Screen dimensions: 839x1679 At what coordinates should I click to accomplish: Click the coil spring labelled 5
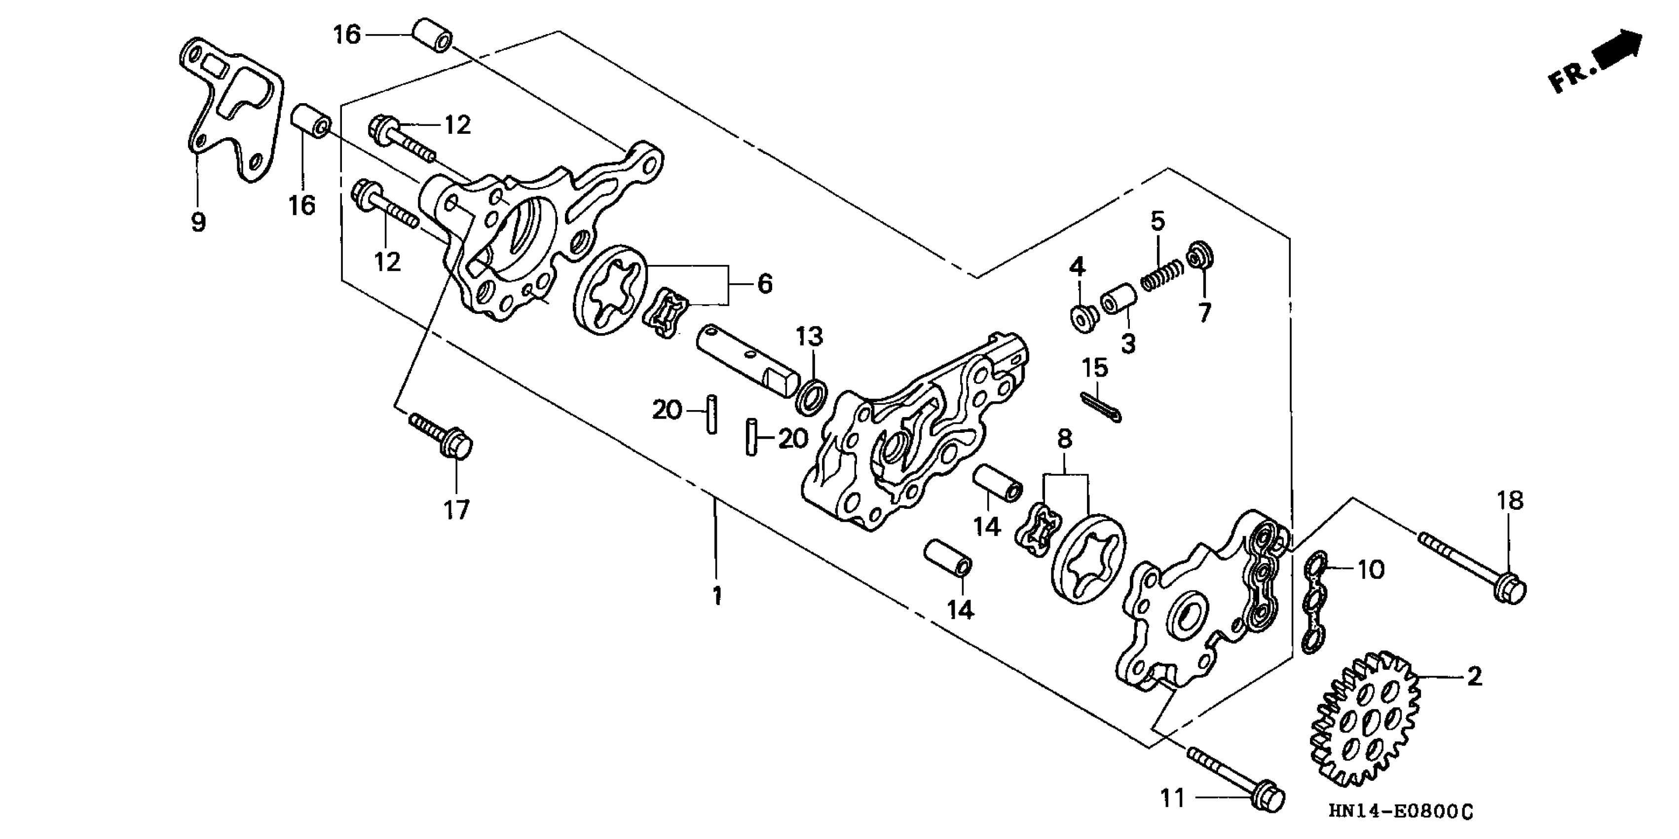pos(1162,274)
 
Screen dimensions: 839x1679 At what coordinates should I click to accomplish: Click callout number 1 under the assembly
pos(717,596)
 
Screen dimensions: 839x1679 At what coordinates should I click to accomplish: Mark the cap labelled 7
pos(1200,256)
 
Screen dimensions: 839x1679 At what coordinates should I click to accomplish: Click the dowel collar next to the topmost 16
pos(432,35)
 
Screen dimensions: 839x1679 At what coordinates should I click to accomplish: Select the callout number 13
pos(809,337)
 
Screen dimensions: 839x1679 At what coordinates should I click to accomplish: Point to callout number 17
pos(456,509)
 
